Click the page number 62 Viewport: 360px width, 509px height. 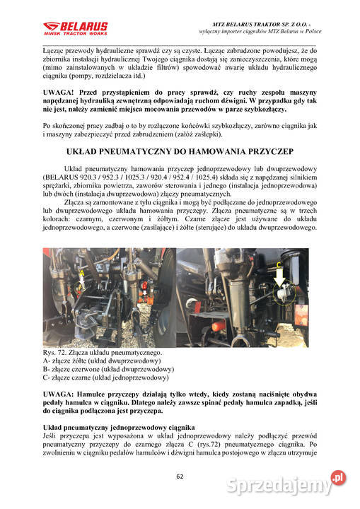coord(180,476)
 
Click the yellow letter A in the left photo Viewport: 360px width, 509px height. coord(83,273)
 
